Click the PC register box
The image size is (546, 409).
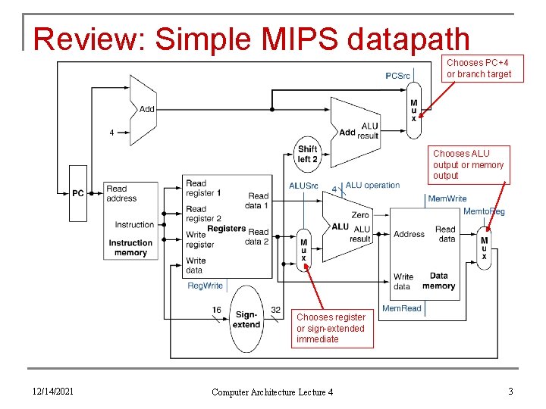click(x=78, y=193)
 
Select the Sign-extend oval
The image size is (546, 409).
click(x=246, y=319)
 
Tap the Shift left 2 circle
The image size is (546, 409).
click(x=307, y=155)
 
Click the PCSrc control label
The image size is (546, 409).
click(x=397, y=76)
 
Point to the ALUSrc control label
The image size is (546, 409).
click(x=304, y=186)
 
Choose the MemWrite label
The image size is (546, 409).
click(x=447, y=198)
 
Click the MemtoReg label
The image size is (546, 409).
click(x=484, y=211)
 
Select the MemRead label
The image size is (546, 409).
click(x=401, y=308)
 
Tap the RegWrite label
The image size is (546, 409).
click(x=206, y=286)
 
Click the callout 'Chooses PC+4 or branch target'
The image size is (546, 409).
click(x=479, y=68)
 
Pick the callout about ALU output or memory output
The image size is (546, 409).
click(x=468, y=164)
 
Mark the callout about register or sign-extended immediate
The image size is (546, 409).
click(x=332, y=328)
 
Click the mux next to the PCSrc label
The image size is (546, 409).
click(x=413, y=111)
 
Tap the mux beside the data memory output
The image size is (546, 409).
click(x=484, y=249)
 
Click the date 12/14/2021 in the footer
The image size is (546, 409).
click(x=52, y=391)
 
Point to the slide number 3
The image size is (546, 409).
click(x=511, y=391)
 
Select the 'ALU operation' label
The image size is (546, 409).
click(x=372, y=186)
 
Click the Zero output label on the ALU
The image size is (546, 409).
click(x=360, y=215)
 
